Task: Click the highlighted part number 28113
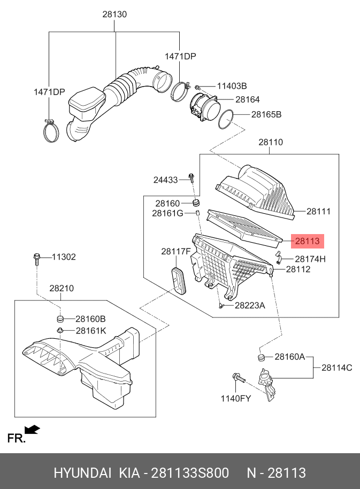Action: click(x=308, y=242)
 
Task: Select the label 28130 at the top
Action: click(x=114, y=15)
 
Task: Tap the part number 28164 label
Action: click(x=247, y=99)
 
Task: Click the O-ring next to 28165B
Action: click(x=226, y=118)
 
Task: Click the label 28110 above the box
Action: click(x=271, y=143)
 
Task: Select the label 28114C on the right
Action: click(x=336, y=367)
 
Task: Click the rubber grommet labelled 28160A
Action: click(x=262, y=356)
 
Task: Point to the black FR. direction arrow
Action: click(x=33, y=429)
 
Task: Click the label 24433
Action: click(x=165, y=180)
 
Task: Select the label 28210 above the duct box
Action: click(x=62, y=289)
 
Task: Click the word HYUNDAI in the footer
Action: click(x=82, y=473)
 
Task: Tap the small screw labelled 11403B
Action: click(x=198, y=87)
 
